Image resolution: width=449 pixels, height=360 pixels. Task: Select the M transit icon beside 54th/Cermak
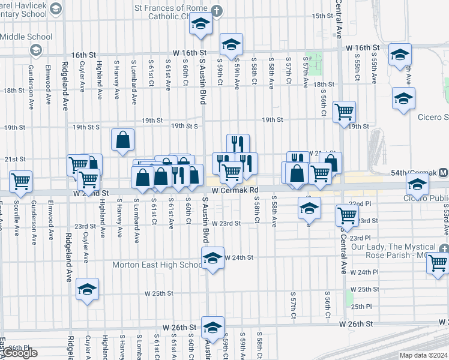click(443, 173)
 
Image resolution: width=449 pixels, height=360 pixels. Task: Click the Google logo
click(19, 353)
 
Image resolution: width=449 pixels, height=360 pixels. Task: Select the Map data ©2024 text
click(423, 355)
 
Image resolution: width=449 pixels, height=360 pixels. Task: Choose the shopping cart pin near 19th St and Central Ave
click(344, 111)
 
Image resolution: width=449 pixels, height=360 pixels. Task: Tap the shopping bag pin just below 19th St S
click(122, 140)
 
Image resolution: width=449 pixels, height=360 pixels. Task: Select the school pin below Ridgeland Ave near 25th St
click(88, 290)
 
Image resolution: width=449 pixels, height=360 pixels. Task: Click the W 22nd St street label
click(91, 193)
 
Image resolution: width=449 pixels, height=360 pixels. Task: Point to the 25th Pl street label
click(362, 306)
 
